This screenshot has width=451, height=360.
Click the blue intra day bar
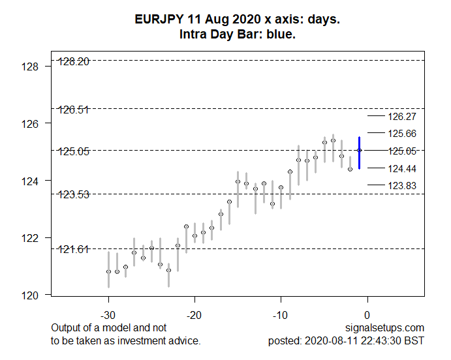360,153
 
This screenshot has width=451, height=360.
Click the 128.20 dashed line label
74,61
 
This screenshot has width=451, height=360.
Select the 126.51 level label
74,110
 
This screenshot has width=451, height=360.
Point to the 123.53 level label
74,194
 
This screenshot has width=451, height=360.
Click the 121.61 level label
74,249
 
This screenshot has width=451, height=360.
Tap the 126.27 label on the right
401,117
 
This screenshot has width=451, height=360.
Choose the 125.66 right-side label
401,134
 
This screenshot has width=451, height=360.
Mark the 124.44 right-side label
401,169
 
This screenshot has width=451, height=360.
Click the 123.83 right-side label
401,186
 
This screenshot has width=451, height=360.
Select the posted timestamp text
346,340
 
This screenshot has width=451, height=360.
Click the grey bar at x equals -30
108,269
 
